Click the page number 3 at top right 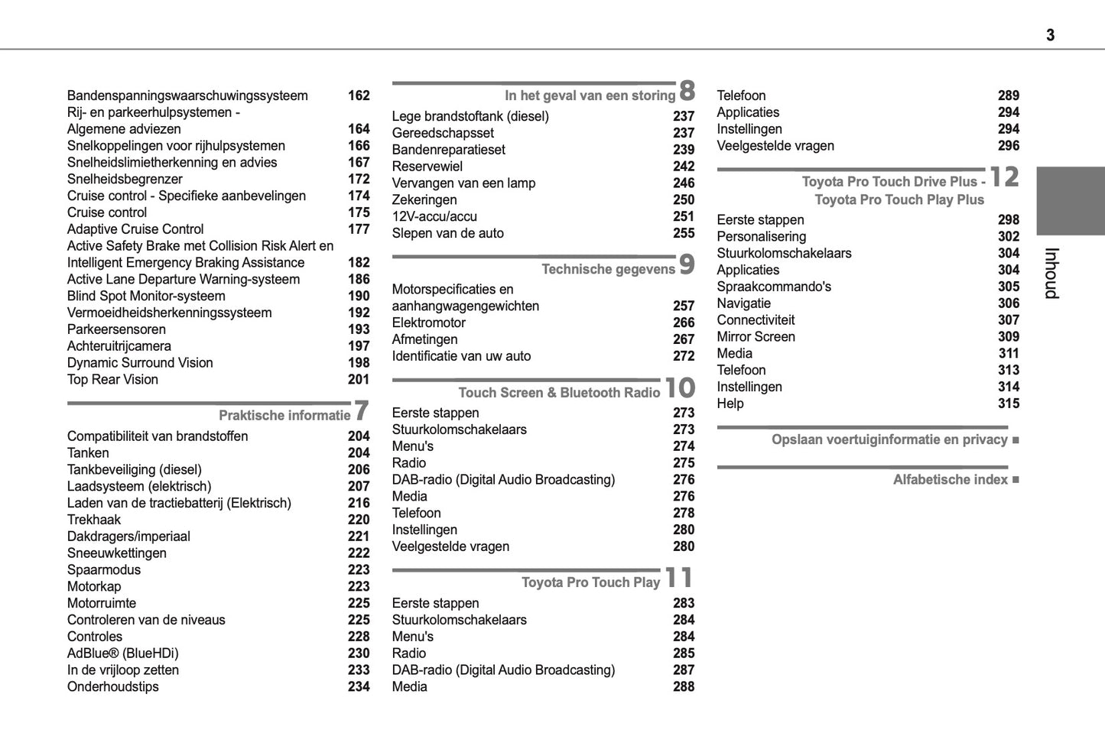pos(1050,35)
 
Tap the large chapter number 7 pos(362,410)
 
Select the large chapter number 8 pos(687,91)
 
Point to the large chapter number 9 pos(687,264)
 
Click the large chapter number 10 pos(679,388)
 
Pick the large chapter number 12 pos(1005,177)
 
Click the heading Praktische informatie pos(284,416)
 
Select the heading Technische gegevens pos(608,269)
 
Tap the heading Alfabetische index pos(950,480)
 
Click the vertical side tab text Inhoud pos(1051,273)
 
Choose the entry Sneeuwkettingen pos(116,553)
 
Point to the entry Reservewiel pos(427,167)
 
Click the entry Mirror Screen pos(756,337)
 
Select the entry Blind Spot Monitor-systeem pos(146,297)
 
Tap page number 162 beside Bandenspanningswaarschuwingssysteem pos(359,96)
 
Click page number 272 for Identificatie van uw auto pos(684,356)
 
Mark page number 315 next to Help pos(1009,404)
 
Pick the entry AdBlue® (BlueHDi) pos(122,653)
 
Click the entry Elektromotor pos(428,323)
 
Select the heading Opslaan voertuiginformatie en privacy pos(889,439)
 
